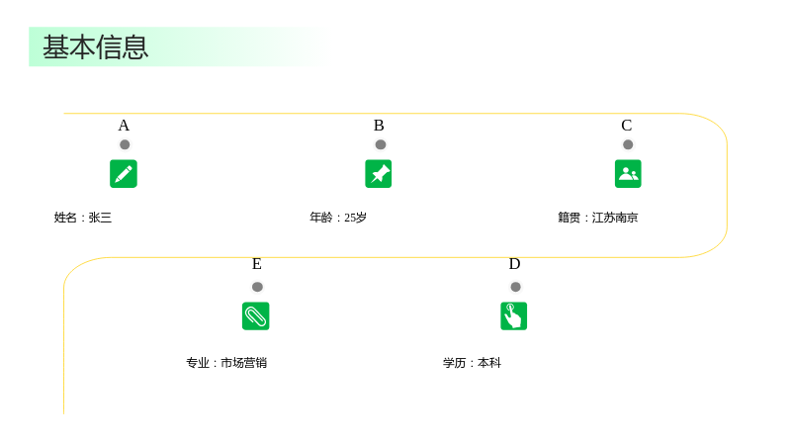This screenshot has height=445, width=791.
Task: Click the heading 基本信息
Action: (x=95, y=47)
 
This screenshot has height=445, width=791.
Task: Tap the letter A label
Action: (x=124, y=126)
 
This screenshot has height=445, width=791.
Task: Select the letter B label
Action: (x=379, y=126)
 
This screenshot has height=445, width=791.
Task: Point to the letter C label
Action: (x=627, y=126)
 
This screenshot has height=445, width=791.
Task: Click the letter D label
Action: (x=514, y=264)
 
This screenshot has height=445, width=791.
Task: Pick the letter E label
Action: (x=257, y=264)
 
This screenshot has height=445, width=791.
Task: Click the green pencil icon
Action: (x=124, y=174)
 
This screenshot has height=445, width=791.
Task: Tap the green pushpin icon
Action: (x=379, y=174)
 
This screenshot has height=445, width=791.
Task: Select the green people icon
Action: (x=628, y=174)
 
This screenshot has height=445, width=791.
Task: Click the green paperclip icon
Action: (x=256, y=315)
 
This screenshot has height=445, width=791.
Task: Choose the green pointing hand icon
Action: (x=513, y=315)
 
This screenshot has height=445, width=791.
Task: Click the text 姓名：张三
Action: (x=83, y=218)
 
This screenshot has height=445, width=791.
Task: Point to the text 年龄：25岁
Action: (x=338, y=218)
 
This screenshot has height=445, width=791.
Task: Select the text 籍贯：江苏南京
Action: (x=598, y=218)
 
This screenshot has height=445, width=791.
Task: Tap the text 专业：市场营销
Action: (x=226, y=363)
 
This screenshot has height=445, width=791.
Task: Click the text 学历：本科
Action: (x=473, y=363)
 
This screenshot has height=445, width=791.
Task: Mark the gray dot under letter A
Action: (x=125, y=144)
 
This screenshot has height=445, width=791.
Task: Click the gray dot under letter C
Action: (x=628, y=144)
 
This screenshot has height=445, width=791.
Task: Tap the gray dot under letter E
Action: (x=257, y=287)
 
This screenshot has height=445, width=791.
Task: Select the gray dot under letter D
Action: (x=515, y=287)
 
